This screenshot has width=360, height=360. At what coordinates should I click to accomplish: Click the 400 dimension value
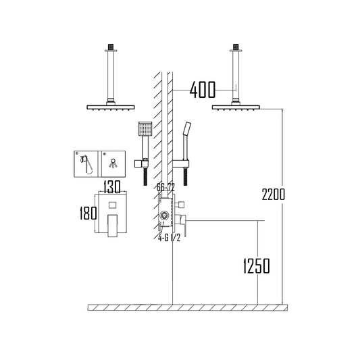tap(203, 90)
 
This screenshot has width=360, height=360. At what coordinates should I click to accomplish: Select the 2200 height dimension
tap(274, 195)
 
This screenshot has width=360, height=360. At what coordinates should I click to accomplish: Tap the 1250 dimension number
tap(257, 266)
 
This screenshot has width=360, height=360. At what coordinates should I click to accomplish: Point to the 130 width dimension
tap(112, 186)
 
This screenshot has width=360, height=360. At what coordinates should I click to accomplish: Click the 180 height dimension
tap(88, 213)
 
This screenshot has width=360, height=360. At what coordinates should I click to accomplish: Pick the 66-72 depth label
tap(165, 187)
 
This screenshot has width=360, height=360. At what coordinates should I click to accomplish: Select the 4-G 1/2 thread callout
tap(170, 238)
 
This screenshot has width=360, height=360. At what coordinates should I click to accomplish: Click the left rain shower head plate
tap(111, 107)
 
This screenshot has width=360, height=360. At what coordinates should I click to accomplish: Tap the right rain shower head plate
tap(236, 107)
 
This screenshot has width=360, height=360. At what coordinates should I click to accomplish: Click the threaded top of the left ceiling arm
tap(111, 47)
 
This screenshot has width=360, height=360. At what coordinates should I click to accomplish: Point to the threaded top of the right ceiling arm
tap(236, 47)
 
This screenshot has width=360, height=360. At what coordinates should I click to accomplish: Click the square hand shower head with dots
tap(145, 128)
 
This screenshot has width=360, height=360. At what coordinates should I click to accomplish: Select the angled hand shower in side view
tap(186, 140)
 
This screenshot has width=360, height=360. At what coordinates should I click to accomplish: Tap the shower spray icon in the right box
tap(113, 163)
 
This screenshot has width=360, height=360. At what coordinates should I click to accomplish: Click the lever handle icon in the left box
tap(86, 163)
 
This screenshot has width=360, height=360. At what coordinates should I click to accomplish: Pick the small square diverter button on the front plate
tap(113, 205)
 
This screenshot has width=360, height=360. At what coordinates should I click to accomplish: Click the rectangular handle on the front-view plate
tap(113, 226)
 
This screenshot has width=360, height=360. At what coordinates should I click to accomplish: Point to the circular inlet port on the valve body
tap(164, 216)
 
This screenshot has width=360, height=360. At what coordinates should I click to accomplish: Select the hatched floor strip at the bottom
tap(188, 307)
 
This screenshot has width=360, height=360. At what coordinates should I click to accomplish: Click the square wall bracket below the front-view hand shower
tap(138, 163)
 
